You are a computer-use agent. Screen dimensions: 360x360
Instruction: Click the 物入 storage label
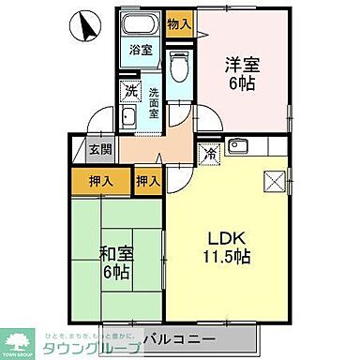click(x=179, y=22)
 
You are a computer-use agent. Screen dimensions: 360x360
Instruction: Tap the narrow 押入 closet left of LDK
click(x=147, y=179)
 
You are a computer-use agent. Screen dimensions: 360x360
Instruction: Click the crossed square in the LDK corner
click(x=273, y=181)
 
